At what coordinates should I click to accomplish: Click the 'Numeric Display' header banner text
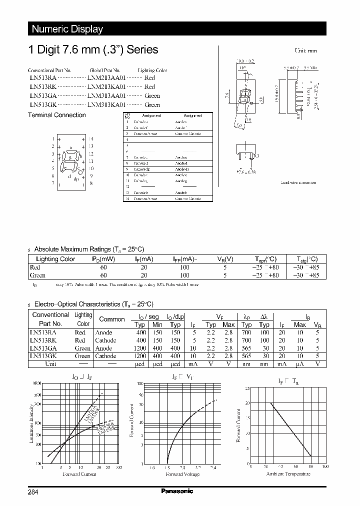67,29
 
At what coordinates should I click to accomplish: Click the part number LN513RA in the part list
42,78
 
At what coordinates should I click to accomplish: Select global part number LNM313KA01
106,105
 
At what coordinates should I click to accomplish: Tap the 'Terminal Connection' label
56,115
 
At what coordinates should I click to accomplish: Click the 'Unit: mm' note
305,51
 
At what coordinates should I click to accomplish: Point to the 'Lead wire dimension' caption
298,182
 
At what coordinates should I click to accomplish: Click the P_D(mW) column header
103,259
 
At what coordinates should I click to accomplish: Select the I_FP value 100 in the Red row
184,267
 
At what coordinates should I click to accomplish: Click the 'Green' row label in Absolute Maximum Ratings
37,275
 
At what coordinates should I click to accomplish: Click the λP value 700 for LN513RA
246,332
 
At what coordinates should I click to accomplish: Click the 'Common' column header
112,319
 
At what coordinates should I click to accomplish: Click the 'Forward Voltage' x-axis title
182,473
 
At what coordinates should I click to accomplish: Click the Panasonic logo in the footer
177,491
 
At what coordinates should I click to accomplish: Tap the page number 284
33,492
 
